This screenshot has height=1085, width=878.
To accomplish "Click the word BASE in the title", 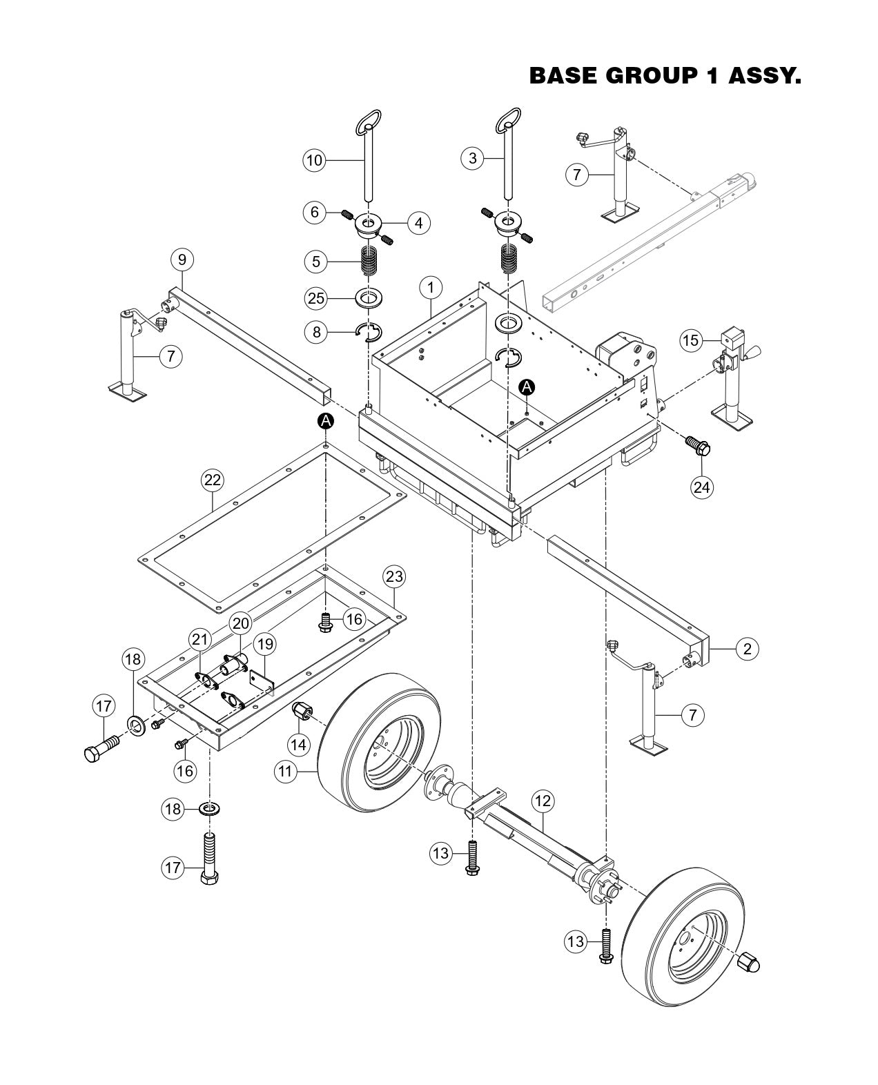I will pos(562,76).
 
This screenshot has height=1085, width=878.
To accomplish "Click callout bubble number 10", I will pos(314,160).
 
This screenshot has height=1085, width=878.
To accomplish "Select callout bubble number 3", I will pos(472,158).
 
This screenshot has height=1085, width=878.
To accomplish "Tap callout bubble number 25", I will pos(316,298).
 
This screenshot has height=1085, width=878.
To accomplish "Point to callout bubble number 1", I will pos(431,286).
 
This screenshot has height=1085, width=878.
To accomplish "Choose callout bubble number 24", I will pos(701,487).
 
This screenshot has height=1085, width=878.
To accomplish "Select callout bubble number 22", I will pos(212,480).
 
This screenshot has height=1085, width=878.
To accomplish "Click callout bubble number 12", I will pos(543,801).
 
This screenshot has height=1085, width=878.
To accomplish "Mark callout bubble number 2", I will pos(747,648).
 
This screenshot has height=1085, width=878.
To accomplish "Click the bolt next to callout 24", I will pos(696,447).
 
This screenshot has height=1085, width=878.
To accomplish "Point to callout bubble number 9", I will pos(182,260).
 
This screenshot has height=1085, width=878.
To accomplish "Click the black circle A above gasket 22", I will pos(325,420).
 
